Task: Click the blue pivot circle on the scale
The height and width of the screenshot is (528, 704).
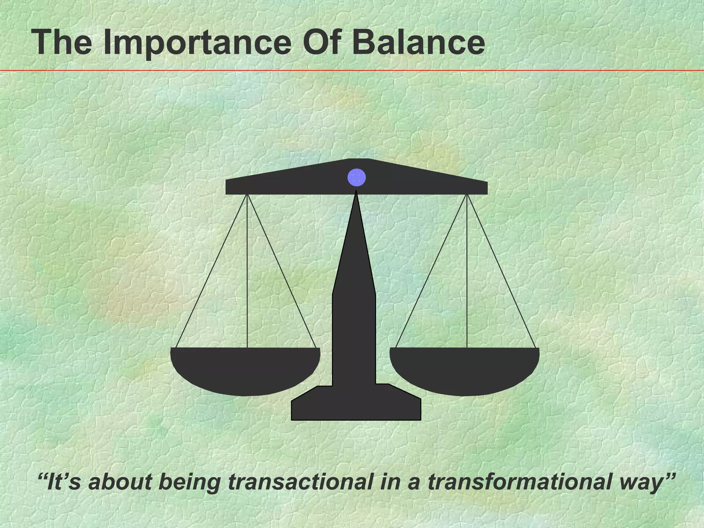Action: [x=356, y=177]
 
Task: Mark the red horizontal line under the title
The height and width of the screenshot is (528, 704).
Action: [x=352, y=71]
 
